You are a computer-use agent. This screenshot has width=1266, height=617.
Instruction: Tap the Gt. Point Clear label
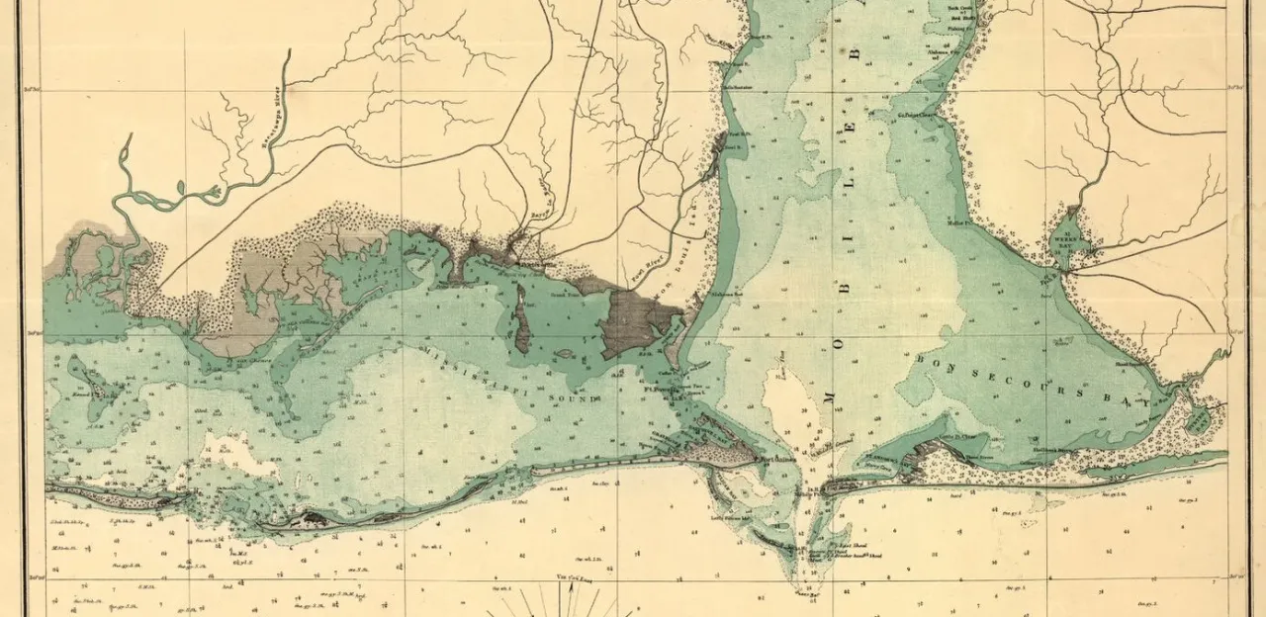click(x=916, y=115)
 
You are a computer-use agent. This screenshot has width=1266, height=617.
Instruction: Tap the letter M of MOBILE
click(x=828, y=397)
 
